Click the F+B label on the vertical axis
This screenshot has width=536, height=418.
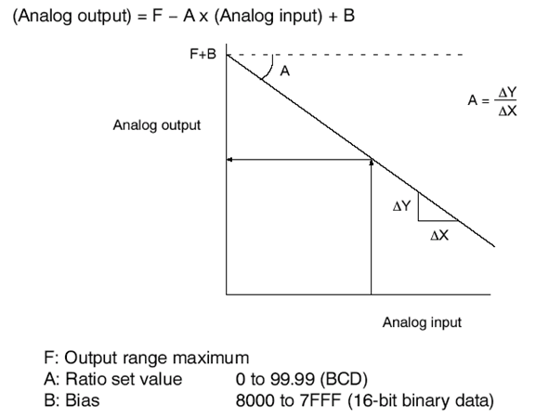[203, 54]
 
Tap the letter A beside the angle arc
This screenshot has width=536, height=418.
[285, 72]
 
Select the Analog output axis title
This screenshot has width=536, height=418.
[157, 125]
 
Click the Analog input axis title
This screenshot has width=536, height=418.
[422, 322]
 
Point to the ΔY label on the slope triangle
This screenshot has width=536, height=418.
[401, 206]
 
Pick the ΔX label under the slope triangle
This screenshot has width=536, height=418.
[439, 235]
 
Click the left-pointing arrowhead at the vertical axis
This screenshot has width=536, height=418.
[229, 160]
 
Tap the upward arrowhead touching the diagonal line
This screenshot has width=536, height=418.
[372, 163]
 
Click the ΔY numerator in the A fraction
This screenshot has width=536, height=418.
[507, 92]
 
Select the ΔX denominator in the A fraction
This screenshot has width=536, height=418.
[507, 111]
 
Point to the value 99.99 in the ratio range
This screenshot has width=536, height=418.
[293, 379]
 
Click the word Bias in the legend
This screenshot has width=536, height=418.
[83, 400]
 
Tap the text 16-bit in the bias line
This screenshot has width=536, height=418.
[374, 400]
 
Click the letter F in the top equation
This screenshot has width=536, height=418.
[157, 16]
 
